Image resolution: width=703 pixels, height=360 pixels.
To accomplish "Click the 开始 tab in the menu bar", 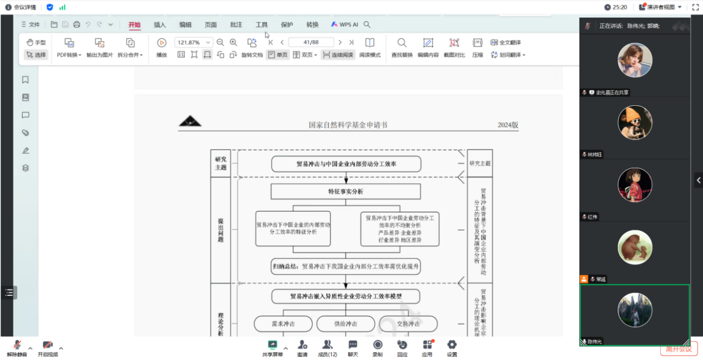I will [134, 24].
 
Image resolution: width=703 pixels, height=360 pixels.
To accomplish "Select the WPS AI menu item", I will [345, 24].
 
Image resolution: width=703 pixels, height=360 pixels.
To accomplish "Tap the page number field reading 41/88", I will [311, 43].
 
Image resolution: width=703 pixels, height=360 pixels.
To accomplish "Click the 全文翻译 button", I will [506, 43].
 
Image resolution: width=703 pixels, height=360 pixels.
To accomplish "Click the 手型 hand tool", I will [36, 43].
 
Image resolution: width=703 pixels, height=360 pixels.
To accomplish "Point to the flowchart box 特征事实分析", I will [345, 192].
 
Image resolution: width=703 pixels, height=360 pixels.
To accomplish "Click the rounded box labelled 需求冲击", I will [283, 324].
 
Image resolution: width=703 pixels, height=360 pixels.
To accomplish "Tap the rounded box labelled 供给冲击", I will [345, 324].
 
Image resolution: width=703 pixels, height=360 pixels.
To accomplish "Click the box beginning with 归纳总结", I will [345, 266].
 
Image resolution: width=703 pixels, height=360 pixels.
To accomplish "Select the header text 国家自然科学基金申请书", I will [348, 125].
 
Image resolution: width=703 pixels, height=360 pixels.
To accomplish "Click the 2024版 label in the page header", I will [508, 125].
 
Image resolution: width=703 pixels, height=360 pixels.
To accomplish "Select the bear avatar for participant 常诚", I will [635, 247].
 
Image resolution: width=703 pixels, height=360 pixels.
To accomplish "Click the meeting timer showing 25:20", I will [616, 7].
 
